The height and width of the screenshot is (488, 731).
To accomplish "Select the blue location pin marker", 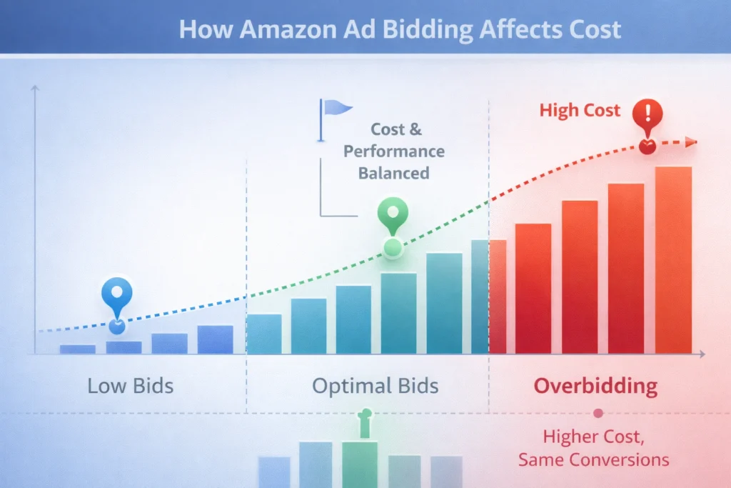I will (116, 295).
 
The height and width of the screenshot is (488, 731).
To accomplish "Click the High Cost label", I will (580, 111).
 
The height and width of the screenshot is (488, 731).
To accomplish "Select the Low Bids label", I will (130, 387).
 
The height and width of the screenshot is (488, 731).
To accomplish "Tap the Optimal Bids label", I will (375, 387).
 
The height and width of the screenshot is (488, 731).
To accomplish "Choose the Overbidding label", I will (596, 387).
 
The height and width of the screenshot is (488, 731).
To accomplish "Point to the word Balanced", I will (393, 173).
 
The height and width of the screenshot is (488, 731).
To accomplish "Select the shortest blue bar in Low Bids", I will (78, 349).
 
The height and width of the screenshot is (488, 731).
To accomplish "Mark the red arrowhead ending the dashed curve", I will (690, 142).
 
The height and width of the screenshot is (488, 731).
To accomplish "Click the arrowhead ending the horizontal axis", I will (702, 354).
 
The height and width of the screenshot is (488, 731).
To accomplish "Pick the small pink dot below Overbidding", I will (598, 413).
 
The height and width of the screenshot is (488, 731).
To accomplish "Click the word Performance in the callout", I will (393, 151).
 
